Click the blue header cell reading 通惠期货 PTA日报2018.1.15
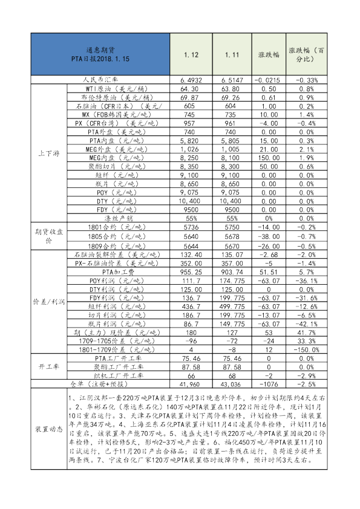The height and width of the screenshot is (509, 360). (100, 54)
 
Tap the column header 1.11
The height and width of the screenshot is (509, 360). (231, 54)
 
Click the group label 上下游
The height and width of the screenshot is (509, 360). (47, 152)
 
